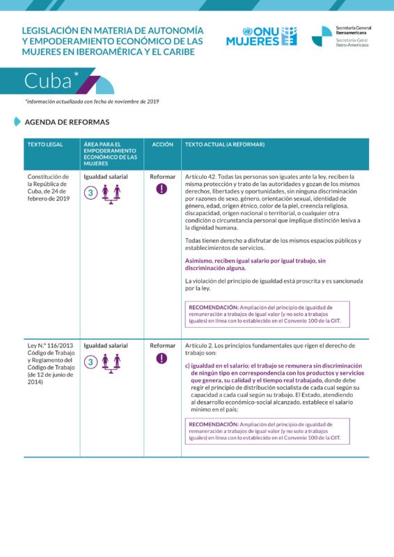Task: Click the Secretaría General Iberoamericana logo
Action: [x=341, y=36]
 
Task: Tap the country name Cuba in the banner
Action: [x=48, y=81]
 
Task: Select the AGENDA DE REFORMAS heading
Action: [x=67, y=122]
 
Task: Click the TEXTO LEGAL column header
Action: [x=45, y=144]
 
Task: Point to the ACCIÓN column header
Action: [x=162, y=144]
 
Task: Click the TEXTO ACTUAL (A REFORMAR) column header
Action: [x=225, y=144]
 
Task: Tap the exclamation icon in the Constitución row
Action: [x=162, y=189]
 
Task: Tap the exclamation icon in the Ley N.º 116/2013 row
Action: [x=162, y=359]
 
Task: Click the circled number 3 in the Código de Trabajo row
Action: [x=90, y=362]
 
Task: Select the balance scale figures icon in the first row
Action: [x=111, y=193]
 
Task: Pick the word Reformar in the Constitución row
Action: [x=162, y=177]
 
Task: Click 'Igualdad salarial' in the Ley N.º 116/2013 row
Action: [x=106, y=345]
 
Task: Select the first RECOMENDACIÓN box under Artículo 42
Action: [x=268, y=314]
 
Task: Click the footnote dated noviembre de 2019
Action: [x=92, y=102]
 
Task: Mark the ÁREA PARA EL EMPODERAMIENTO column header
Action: [x=110, y=152]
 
